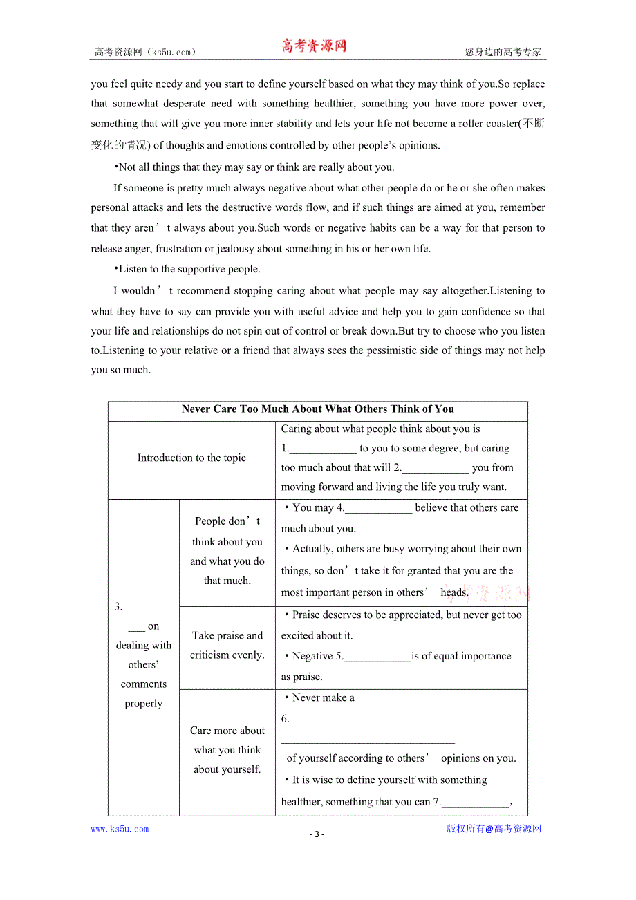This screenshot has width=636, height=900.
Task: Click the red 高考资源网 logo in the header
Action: [313, 46]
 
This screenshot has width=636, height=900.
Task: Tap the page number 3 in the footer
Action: [317, 834]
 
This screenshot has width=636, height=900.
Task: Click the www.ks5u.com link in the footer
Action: [120, 829]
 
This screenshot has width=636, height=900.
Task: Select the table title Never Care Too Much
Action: [317, 409]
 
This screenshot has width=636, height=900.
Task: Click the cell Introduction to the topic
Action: [191, 458]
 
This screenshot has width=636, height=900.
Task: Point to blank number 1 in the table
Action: [322, 449]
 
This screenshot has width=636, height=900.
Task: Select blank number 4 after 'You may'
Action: [378, 508]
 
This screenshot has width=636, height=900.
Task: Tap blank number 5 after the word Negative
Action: [377, 657]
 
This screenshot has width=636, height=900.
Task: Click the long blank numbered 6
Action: [404, 720]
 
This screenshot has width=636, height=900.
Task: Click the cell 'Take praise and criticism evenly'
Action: [227, 645]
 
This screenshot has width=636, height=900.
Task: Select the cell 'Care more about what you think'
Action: [227, 749]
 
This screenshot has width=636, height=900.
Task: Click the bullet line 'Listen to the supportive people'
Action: [187, 269]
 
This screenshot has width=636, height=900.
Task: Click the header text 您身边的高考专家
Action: [503, 52]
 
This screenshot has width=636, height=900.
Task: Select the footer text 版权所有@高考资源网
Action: [494, 829]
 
